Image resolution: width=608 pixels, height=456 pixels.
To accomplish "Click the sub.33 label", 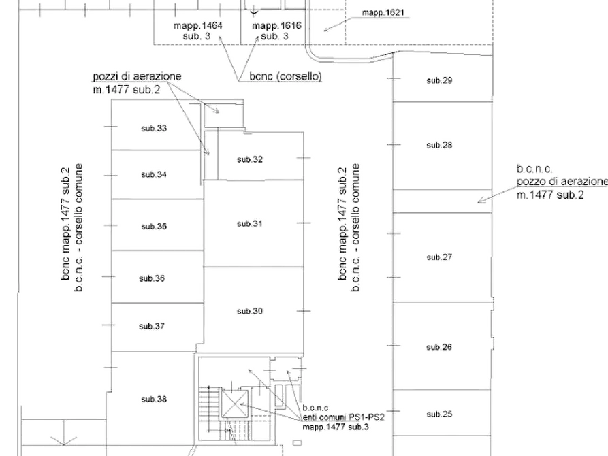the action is click(154, 129).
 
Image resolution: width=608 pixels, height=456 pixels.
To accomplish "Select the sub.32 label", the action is click(250, 159).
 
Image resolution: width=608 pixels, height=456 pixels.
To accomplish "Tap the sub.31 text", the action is click(250, 224).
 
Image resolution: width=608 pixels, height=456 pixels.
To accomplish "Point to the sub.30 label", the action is click(250, 311).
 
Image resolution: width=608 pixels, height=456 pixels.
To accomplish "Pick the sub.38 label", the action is click(154, 399).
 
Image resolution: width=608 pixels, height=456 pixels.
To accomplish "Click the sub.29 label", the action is click(439, 81).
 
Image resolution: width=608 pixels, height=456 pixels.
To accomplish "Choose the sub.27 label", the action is click(439, 257).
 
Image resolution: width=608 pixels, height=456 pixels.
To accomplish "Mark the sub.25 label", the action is click(439, 414).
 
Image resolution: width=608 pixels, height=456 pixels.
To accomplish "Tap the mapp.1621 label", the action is click(383, 13).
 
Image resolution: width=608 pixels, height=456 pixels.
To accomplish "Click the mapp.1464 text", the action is click(197, 26).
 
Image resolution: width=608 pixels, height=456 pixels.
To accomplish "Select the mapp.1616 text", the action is click(276, 26).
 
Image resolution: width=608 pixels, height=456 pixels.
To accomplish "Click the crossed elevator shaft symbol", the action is click(235, 404).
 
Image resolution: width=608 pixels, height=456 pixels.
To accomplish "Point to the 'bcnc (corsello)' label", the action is click(286, 76).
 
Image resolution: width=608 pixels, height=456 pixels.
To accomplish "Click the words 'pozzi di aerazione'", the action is click(137, 76).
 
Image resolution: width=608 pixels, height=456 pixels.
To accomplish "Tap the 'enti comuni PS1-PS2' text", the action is click(344, 418).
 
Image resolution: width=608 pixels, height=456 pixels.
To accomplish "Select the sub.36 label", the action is click(152, 279).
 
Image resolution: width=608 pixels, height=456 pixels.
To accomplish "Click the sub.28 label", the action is click(439, 145).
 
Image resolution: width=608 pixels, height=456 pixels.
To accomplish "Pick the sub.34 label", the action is click(154, 175).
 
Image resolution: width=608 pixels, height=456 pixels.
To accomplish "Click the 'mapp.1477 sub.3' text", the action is click(336, 427).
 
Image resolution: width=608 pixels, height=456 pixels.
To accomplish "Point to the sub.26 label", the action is click(439, 347).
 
